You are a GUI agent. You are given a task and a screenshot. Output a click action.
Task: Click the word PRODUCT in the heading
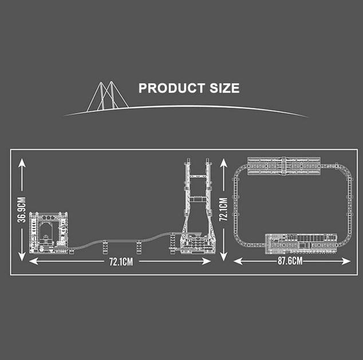click(172, 88)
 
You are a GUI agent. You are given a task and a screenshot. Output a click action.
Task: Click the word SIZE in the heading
click(224, 88)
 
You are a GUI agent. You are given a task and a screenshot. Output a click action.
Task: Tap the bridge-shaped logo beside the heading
click(108, 96)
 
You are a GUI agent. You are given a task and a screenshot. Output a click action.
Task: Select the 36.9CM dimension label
click(22, 210)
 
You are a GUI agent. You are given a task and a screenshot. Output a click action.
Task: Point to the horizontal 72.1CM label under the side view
click(121, 262)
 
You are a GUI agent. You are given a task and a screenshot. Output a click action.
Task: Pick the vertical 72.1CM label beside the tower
click(223, 209)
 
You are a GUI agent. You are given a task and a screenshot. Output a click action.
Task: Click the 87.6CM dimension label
click(290, 261)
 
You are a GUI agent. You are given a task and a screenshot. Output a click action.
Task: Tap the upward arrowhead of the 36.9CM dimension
click(22, 163)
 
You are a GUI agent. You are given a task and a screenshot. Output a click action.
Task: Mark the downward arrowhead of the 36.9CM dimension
click(22, 257)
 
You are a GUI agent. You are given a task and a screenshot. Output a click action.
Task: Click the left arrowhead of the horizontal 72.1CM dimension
click(34, 262)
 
